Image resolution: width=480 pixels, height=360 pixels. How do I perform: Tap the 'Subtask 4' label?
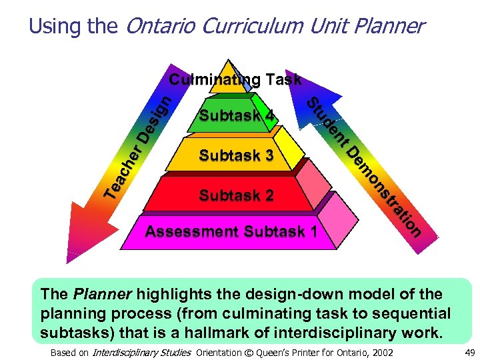(x=237, y=115)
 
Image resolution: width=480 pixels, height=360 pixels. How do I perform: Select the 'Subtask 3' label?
(x=237, y=155)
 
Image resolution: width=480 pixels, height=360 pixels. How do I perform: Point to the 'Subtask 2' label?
(x=237, y=195)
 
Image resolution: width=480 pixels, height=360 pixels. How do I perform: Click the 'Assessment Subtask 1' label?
(x=231, y=232)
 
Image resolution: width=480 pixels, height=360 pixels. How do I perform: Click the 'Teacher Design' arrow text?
(x=141, y=147)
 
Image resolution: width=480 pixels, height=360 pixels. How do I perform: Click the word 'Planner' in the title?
(x=386, y=26)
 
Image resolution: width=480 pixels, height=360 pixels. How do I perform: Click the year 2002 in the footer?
(x=381, y=353)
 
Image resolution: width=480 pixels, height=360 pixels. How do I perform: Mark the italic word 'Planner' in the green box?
(x=96, y=294)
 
